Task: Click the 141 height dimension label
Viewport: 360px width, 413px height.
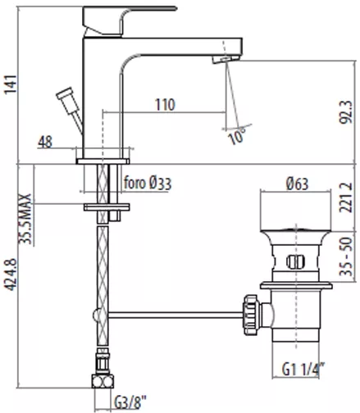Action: coord(11,84)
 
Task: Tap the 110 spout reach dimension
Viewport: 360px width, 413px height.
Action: coord(165,105)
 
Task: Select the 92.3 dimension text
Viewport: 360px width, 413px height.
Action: coord(345,112)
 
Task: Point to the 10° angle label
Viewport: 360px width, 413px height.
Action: coord(237,136)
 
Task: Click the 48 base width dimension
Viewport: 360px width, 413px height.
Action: coord(45,142)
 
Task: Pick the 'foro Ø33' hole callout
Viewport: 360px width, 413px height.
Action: coord(148,183)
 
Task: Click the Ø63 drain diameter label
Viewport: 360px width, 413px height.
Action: coord(297,184)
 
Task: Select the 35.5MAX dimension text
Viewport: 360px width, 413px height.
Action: coord(25,219)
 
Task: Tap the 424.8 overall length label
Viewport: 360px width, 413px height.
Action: coord(11,275)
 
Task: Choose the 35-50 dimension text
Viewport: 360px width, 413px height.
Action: coord(345,256)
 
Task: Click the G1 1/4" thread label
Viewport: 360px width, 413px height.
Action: coord(303,370)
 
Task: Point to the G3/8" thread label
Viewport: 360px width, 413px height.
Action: coord(130,402)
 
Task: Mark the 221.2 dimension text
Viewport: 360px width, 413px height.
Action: coord(345,197)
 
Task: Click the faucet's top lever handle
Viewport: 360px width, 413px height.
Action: coord(130,20)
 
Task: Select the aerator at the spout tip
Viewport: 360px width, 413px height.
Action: coord(226,59)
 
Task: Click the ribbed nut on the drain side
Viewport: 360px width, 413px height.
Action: coord(250,315)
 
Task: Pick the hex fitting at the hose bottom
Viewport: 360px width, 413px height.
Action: coord(103,381)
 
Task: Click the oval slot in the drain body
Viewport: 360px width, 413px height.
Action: coord(295,261)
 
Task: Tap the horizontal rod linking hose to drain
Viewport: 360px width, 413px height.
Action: coord(175,315)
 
